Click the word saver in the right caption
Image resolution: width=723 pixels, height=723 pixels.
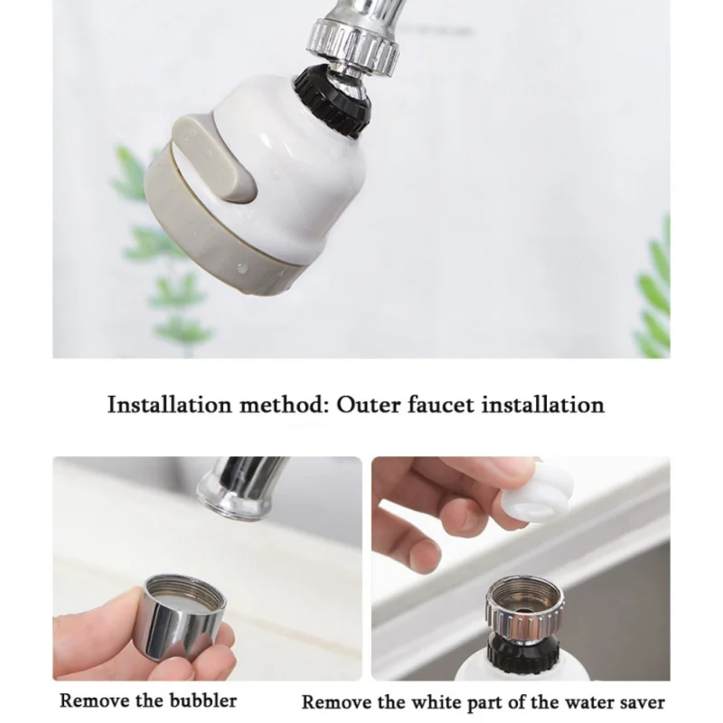pyautogui.click(x=639, y=701)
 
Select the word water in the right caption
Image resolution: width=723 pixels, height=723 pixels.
pyautogui.click(x=585, y=701)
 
